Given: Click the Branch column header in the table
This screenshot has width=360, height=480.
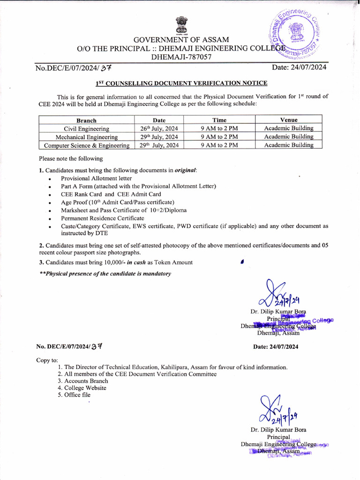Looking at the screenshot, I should coord(86,120).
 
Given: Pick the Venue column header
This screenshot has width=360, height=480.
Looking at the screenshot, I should coord(289,120).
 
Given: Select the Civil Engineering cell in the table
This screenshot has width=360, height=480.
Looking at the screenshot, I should coord(86,128).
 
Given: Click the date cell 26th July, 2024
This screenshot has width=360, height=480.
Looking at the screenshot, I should coord(159,128).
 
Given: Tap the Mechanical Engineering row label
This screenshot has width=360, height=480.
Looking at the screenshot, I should coord(86,137).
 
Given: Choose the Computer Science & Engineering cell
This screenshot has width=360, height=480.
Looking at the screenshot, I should coord(86,145).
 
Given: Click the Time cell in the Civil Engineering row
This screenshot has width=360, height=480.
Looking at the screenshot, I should coord(219,128).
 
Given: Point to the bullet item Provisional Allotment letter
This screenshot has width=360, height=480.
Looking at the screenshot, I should coord(96,178).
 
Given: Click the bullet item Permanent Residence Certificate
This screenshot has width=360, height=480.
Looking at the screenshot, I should coord(102,218).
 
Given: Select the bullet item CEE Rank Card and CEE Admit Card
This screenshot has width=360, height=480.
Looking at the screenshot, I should coord(111,194).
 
